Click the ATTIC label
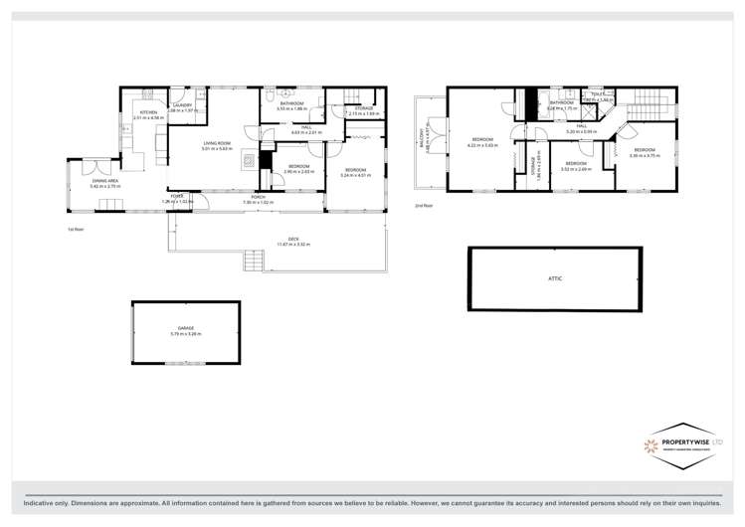click(555, 278)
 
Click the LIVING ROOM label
click(218, 143)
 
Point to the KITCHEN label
click(148, 112)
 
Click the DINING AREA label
click(105, 181)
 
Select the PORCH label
click(258, 197)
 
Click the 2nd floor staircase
click(652, 108)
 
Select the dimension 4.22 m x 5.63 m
click(482, 145)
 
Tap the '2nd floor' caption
click(424, 206)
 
